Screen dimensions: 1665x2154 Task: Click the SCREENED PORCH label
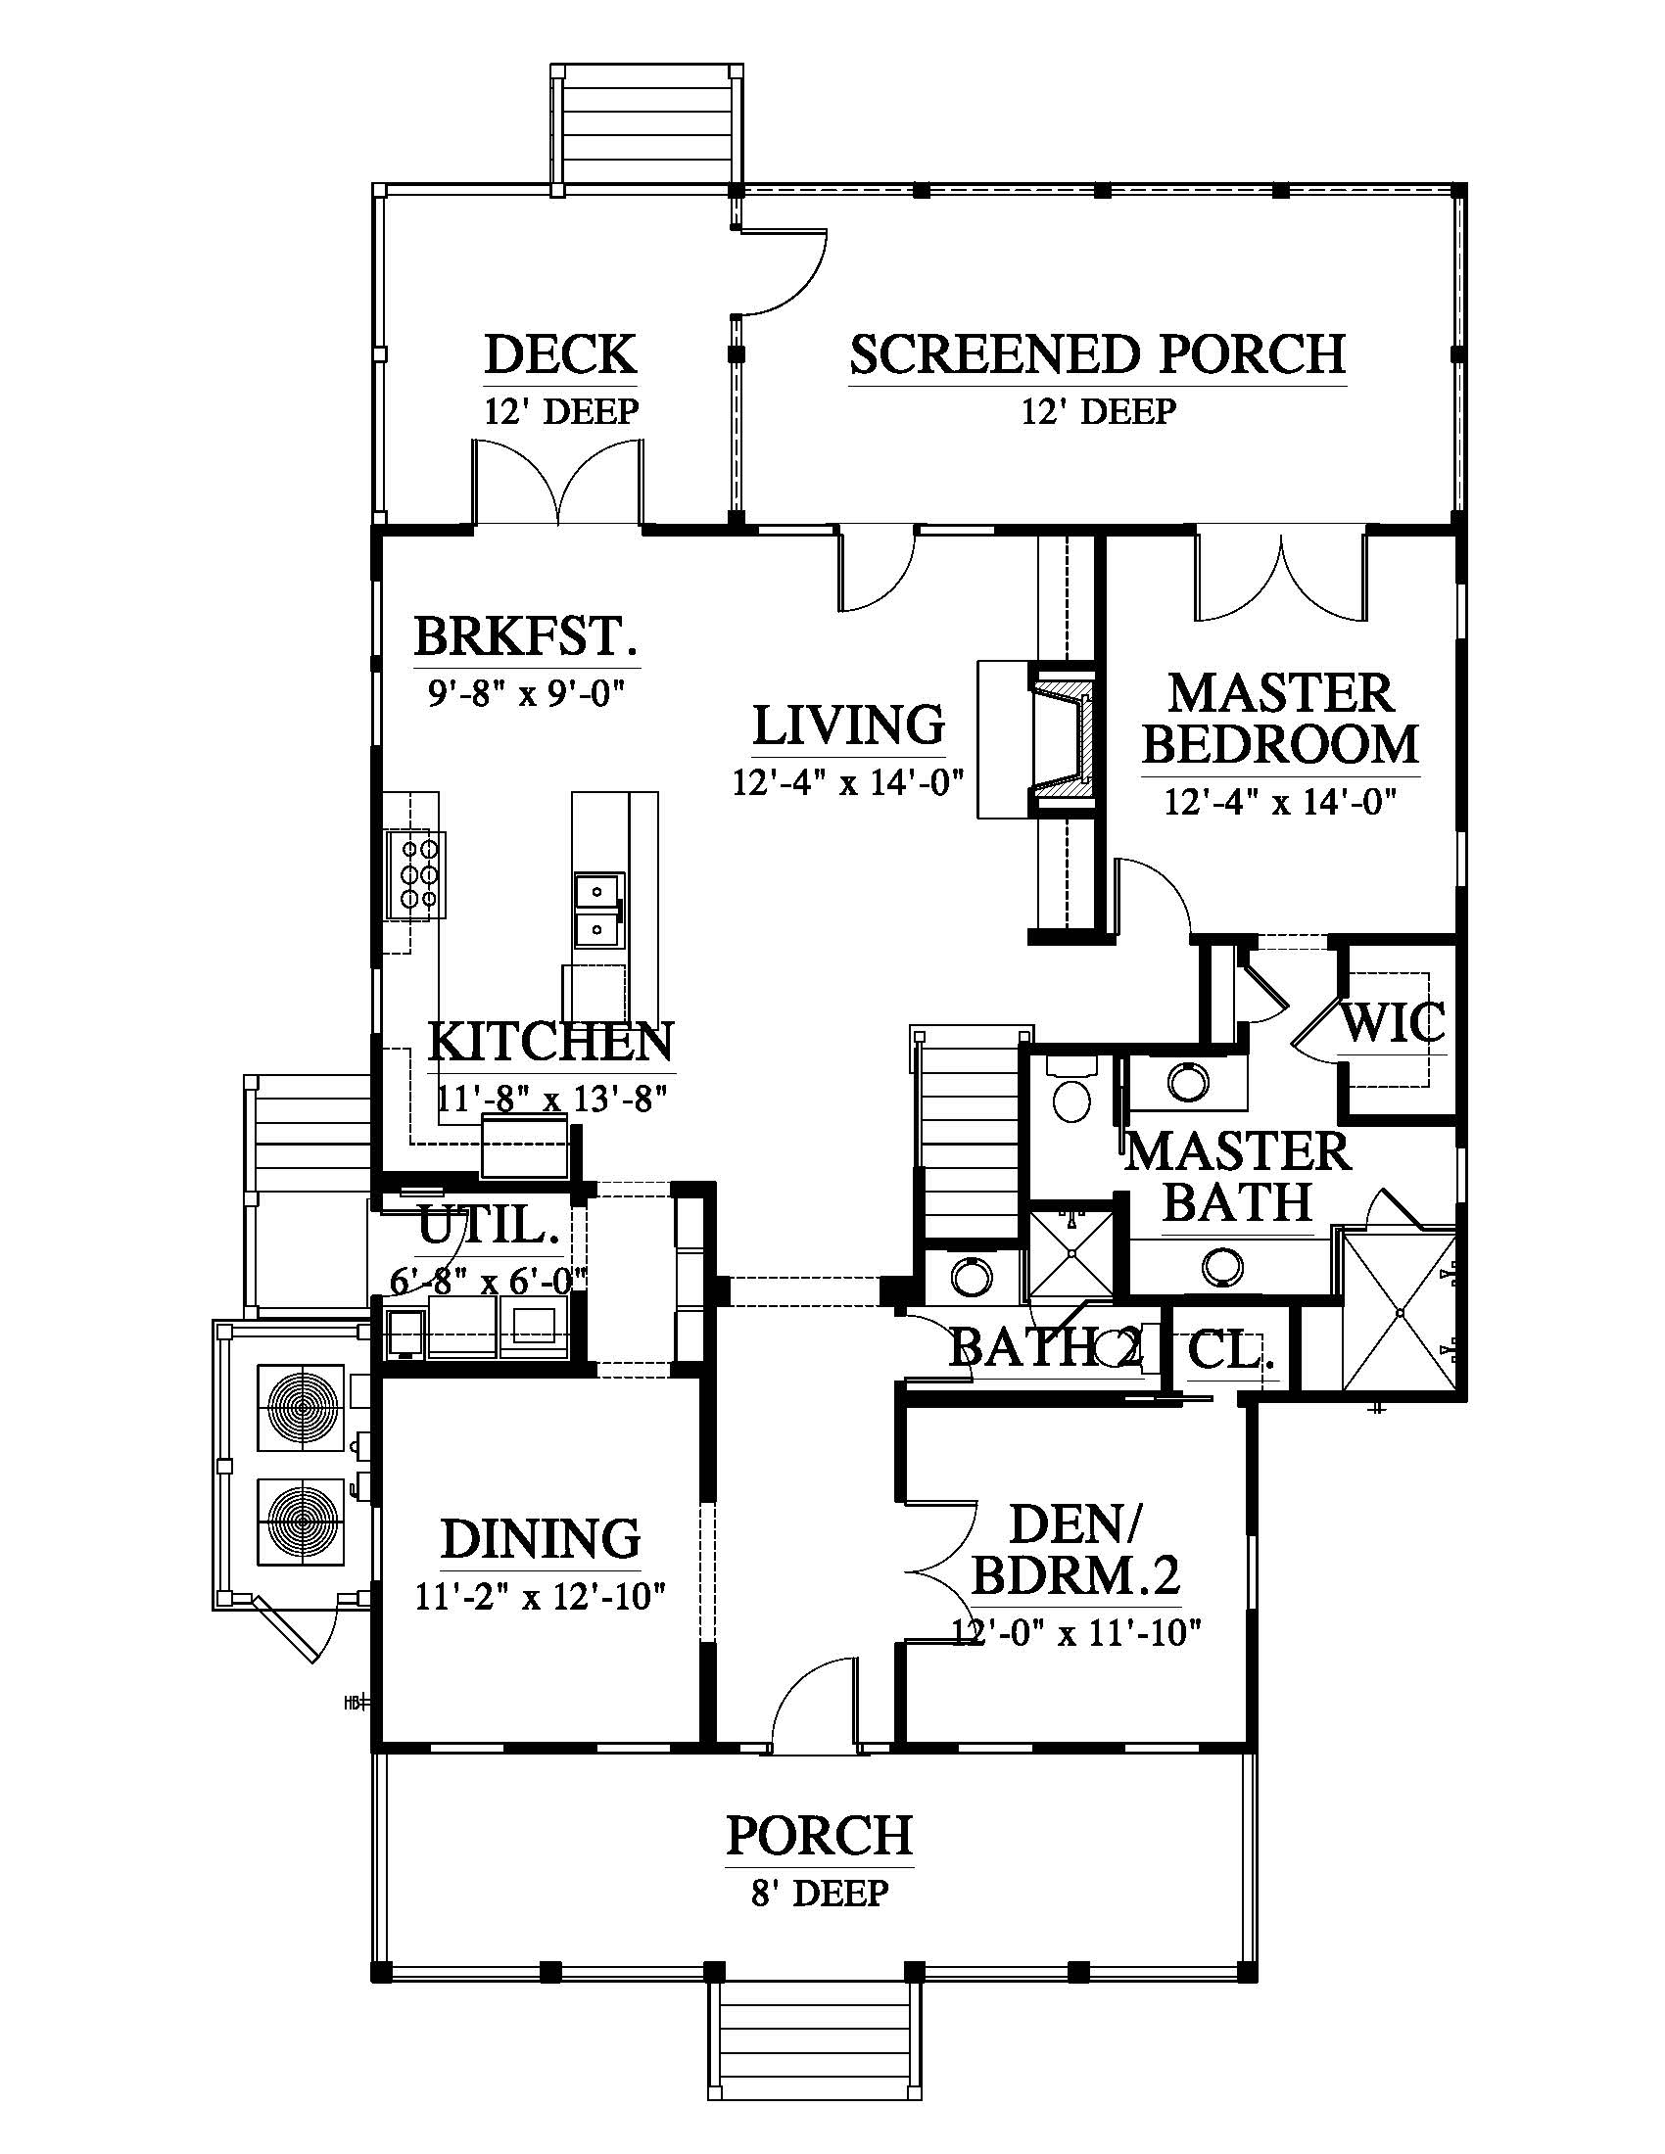(1098, 355)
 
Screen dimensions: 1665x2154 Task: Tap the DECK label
(560, 355)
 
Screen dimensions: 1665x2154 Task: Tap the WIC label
(1392, 1023)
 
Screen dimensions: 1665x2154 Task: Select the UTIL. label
(491, 1228)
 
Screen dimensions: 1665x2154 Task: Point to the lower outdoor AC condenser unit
(300, 1521)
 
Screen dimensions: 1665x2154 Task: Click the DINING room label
(541, 1539)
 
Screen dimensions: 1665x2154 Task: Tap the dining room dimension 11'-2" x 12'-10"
(541, 1596)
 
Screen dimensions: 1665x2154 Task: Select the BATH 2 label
(1046, 1347)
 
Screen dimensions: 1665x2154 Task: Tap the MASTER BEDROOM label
(1280, 719)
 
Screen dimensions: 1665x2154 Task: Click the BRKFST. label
(526, 636)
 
